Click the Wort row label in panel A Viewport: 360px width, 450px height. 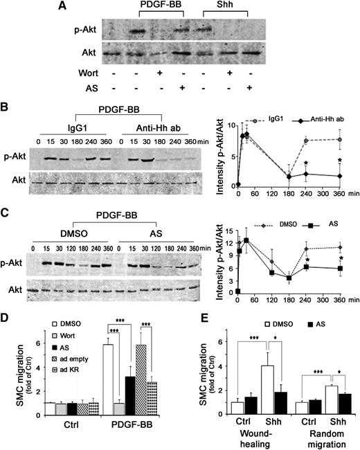[x=82, y=72]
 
